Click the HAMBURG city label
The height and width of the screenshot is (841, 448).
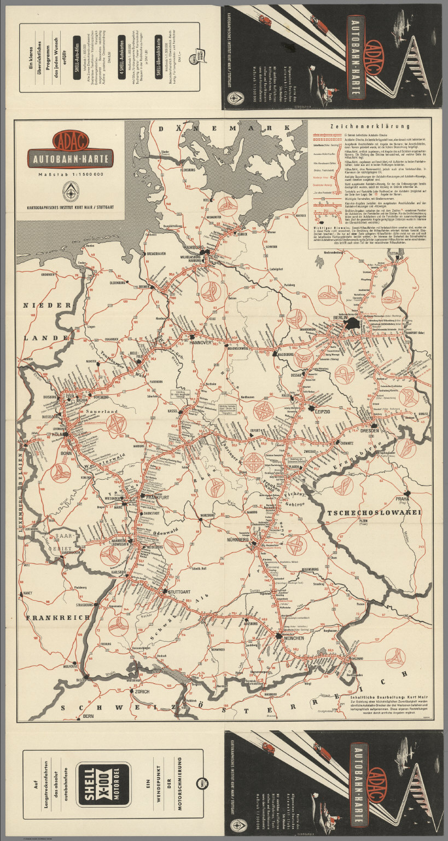(x=194, y=247)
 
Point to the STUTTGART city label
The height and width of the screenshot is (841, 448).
(x=178, y=592)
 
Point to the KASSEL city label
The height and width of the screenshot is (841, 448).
(x=174, y=410)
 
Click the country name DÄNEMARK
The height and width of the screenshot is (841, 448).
(x=230, y=128)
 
